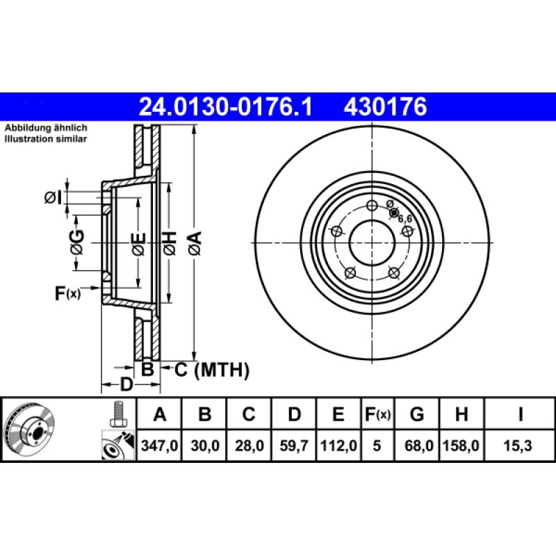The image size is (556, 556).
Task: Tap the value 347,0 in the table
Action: coord(160,447)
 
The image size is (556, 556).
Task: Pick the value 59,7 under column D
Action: coord(294,447)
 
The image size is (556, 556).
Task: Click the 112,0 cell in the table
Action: coord(338,447)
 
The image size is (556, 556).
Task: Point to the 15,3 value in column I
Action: coord(520,447)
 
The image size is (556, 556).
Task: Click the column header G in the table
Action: coord(417,415)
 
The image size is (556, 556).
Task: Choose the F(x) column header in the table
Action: coord(378,415)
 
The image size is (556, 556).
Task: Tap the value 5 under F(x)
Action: coord(377,447)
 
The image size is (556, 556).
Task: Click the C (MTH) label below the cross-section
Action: coord(211,370)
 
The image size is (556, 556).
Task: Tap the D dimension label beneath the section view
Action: coord(126,384)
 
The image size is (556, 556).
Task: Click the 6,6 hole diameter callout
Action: coord(405,219)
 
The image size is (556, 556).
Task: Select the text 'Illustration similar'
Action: coord(46,139)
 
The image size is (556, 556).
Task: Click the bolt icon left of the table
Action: coord(117,415)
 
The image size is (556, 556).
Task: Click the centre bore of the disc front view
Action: coord(372,243)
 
